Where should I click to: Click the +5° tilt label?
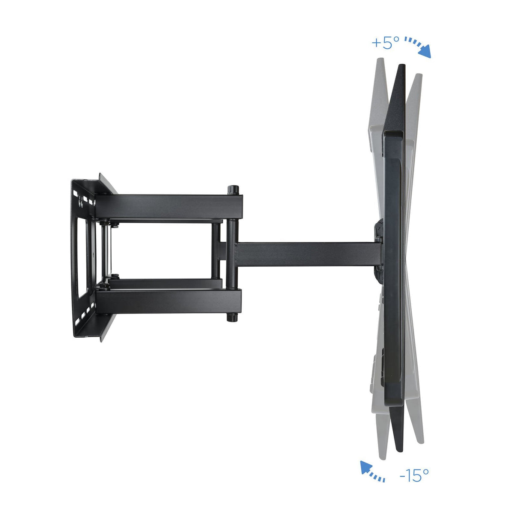(385, 43)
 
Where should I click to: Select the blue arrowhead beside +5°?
(425, 53)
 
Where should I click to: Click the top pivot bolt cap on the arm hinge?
(233, 189)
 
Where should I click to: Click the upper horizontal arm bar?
(169, 206)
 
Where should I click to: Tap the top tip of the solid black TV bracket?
(401, 68)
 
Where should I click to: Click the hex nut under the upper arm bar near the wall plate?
(103, 222)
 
